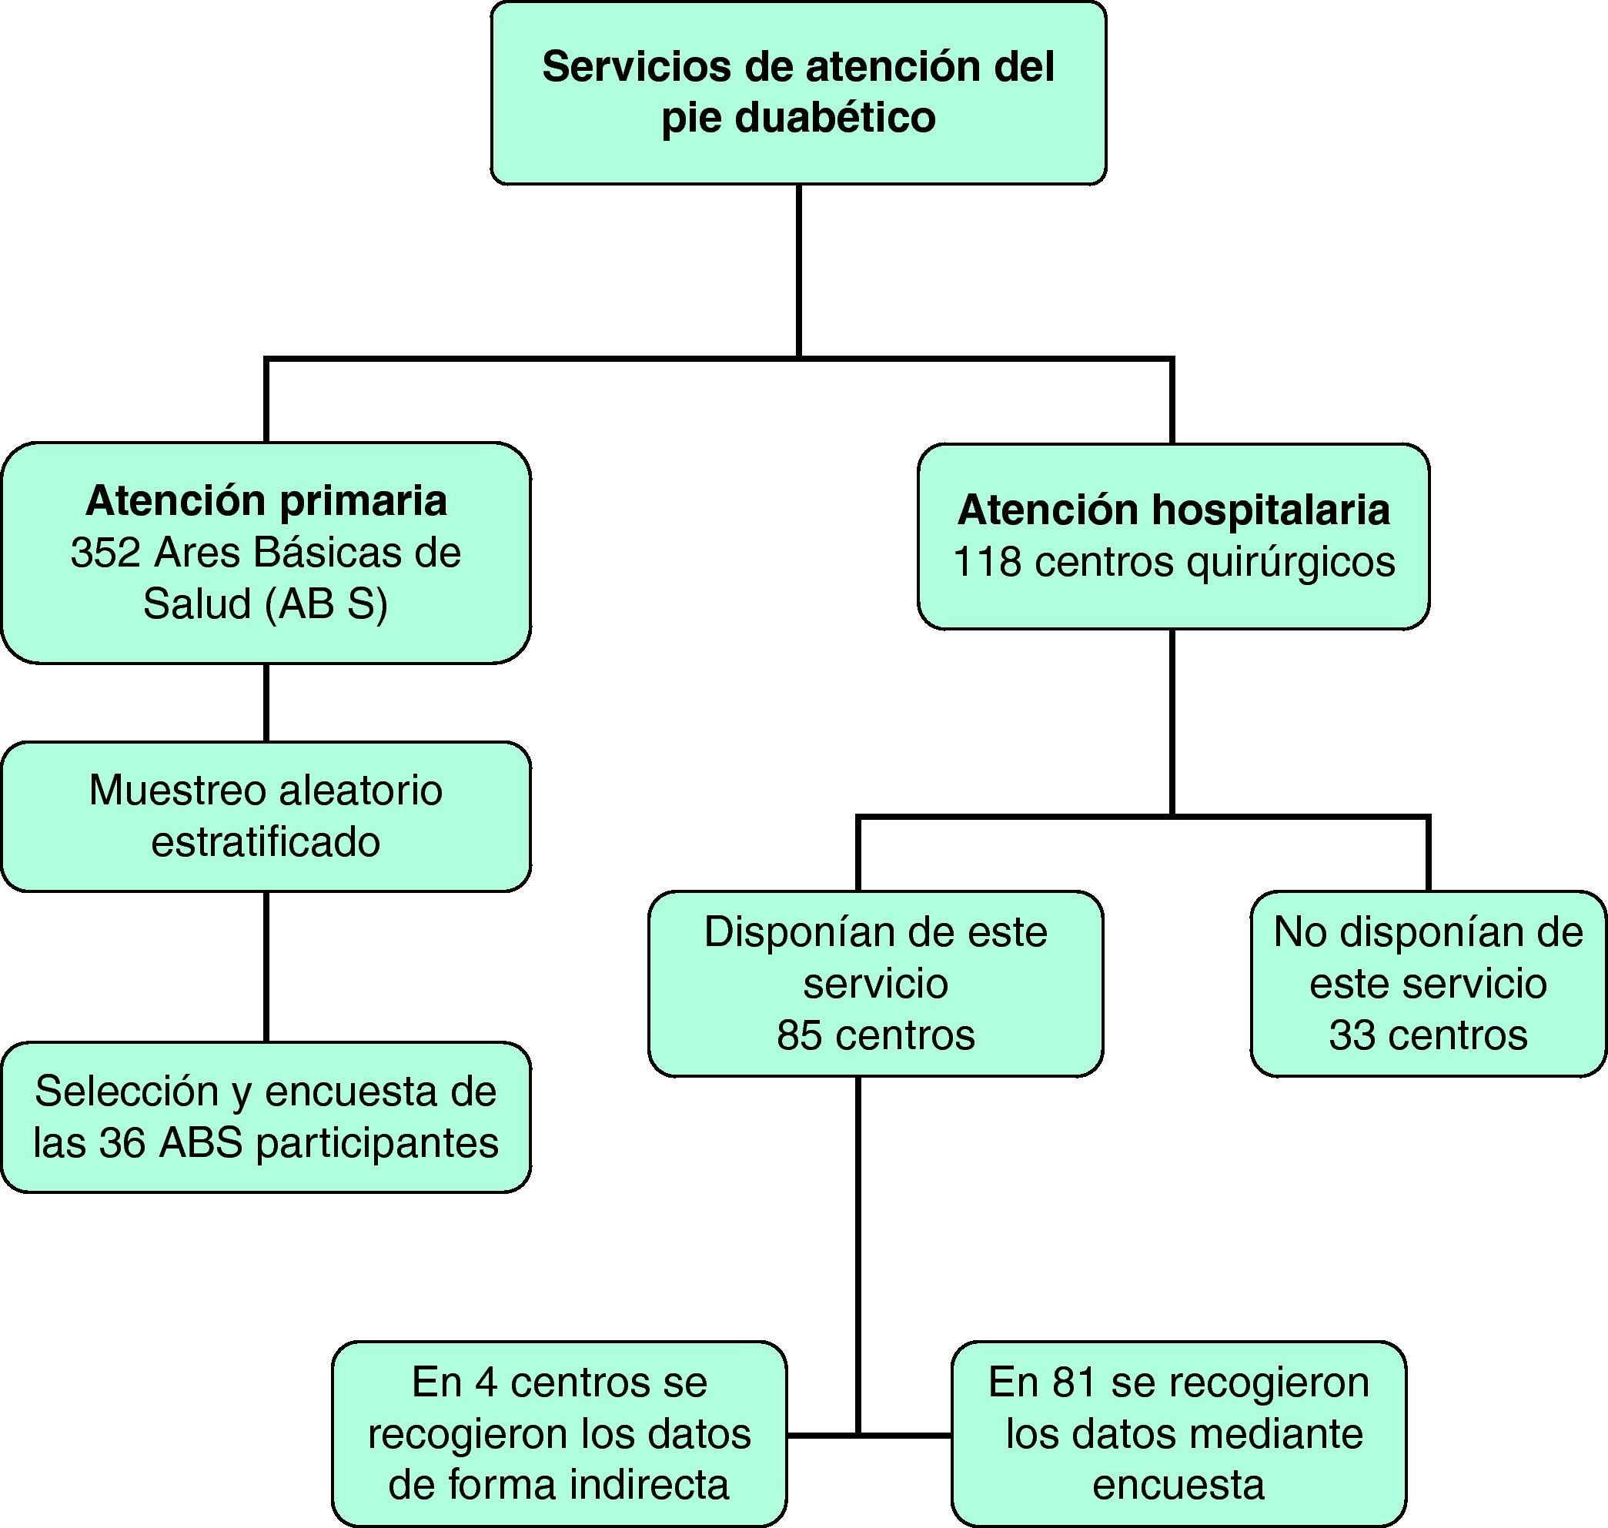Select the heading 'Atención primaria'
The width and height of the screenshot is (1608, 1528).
point(266,500)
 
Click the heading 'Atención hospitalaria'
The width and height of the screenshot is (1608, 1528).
point(1174,510)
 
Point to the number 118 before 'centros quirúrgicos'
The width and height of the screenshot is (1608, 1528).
point(988,562)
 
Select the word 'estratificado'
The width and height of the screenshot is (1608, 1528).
point(266,842)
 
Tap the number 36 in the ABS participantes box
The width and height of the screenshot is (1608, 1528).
point(122,1143)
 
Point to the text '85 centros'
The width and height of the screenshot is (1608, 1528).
point(876,1035)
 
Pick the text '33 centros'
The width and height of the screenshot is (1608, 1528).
point(1428,1035)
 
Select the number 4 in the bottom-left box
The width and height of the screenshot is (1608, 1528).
point(486,1383)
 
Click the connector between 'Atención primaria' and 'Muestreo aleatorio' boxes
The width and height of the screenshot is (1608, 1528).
point(266,702)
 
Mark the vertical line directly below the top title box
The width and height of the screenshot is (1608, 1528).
point(798,269)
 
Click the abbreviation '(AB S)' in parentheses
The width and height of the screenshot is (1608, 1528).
point(326,604)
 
